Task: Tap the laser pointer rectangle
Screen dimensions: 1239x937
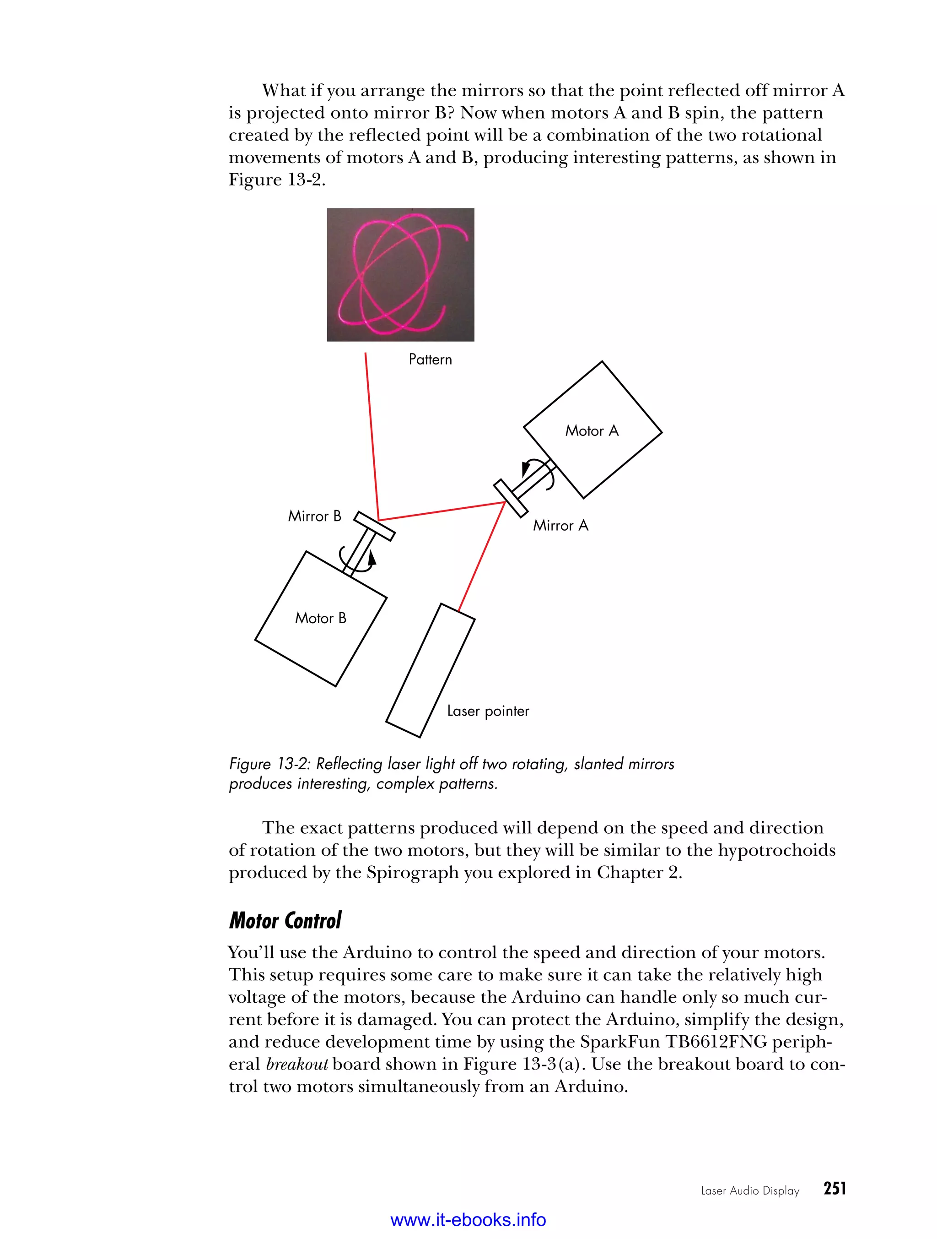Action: (430, 670)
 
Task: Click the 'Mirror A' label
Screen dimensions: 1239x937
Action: (560, 525)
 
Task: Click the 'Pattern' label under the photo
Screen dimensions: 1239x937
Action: (430, 359)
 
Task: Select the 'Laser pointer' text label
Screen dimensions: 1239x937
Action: (488, 711)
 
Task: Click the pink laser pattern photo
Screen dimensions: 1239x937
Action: (400, 274)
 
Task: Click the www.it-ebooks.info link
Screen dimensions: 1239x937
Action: (468, 1219)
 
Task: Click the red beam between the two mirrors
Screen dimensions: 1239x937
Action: (442, 511)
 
